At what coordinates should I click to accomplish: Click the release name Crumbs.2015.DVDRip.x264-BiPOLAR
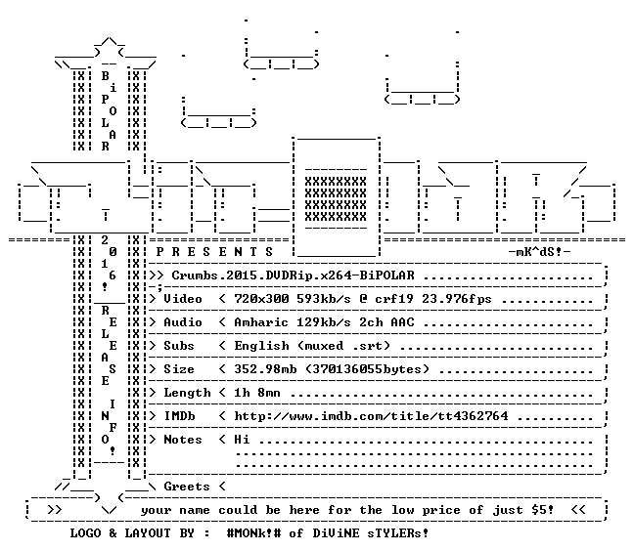point(294,275)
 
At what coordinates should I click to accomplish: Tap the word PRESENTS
point(214,252)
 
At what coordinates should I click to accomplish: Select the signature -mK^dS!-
point(539,252)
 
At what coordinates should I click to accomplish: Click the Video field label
point(183,299)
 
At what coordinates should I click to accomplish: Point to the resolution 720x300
point(261,299)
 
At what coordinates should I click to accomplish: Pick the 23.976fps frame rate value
point(457,299)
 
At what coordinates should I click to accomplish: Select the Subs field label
point(179,346)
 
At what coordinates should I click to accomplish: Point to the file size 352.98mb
point(265,369)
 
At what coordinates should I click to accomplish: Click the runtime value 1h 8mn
point(257,393)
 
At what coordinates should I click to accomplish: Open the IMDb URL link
point(371,416)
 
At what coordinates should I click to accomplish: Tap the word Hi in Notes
point(242,440)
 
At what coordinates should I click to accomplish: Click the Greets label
point(187,486)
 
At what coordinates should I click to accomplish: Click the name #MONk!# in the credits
point(253,532)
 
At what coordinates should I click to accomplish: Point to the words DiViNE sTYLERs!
point(371,532)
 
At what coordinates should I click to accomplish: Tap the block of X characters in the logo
point(336,198)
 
